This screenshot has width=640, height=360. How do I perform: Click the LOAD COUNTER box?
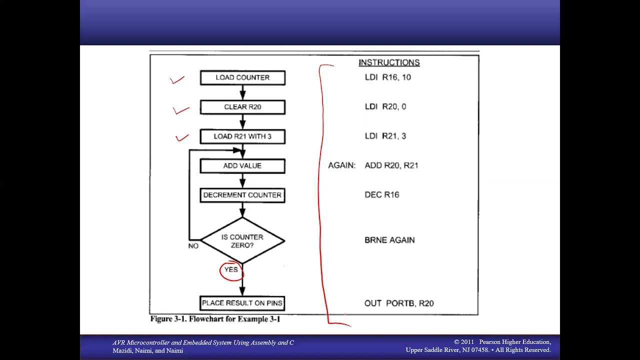(x=242, y=77)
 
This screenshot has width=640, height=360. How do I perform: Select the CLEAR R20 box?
(x=242, y=107)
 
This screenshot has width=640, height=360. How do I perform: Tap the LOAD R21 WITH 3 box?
(x=242, y=136)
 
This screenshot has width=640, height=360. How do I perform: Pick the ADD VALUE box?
(x=242, y=166)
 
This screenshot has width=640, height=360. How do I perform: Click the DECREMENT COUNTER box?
(x=242, y=195)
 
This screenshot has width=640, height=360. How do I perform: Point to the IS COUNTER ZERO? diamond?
(x=242, y=241)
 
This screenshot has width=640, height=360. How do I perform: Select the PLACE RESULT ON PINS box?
(x=242, y=303)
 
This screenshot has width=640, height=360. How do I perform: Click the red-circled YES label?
(x=231, y=269)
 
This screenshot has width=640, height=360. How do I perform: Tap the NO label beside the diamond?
(x=193, y=246)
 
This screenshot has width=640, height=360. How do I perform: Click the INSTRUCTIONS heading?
(x=389, y=62)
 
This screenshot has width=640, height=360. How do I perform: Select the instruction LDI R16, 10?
(x=387, y=77)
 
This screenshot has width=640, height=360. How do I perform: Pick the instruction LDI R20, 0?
(x=385, y=107)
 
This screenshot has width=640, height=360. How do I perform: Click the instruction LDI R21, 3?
(x=385, y=136)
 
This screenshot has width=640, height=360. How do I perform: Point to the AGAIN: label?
(x=341, y=165)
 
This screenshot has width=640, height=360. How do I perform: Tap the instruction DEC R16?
(x=381, y=195)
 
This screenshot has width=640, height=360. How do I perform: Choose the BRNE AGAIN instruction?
(x=389, y=240)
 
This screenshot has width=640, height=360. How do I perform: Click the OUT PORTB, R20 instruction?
(x=399, y=303)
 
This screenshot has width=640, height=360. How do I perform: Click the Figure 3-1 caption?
(x=215, y=319)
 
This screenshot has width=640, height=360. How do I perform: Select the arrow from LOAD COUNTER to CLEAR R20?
(x=242, y=92)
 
